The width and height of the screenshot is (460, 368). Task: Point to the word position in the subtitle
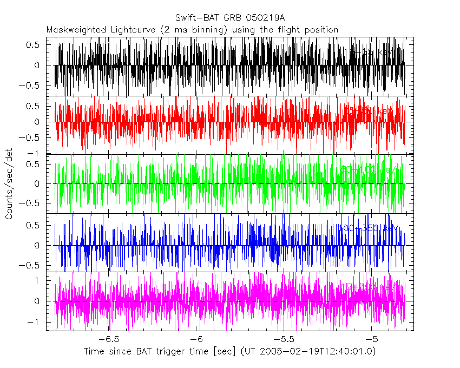point(319,30)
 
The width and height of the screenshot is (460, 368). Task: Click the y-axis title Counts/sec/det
point(9,185)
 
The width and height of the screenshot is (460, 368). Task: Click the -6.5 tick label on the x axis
point(109,339)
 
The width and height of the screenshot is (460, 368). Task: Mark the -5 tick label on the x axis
point(372,339)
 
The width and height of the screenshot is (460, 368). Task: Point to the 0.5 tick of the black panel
point(34,45)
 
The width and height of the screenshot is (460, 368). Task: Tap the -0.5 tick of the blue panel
point(31,265)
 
